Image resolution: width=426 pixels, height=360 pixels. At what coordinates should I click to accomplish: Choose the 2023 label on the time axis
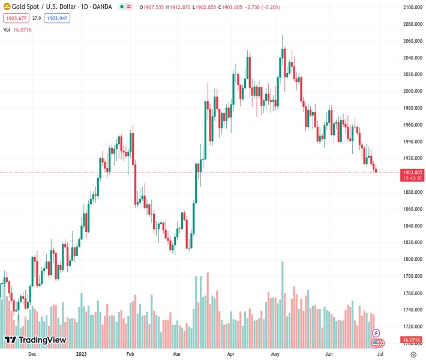pyautogui.click(x=83, y=354)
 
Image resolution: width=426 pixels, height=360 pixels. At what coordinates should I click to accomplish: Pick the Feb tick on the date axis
pyautogui.click(x=131, y=354)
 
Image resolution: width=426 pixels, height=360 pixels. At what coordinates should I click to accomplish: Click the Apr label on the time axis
pyautogui.click(x=231, y=354)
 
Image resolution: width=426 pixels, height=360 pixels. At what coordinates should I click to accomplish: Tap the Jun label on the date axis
pyautogui.click(x=329, y=354)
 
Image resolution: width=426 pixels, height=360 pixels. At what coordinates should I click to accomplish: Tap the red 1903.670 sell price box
pyautogui.click(x=15, y=19)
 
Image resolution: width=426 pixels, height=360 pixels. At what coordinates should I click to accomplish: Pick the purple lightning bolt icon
pyautogui.click(x=376, y=332)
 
